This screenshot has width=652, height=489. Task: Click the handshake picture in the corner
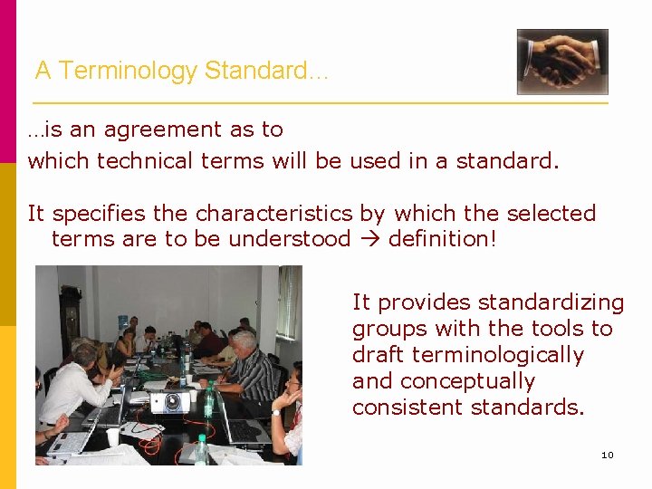pos(561,62)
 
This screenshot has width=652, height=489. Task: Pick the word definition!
pos(443,239)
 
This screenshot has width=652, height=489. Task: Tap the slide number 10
pos(607,455)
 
